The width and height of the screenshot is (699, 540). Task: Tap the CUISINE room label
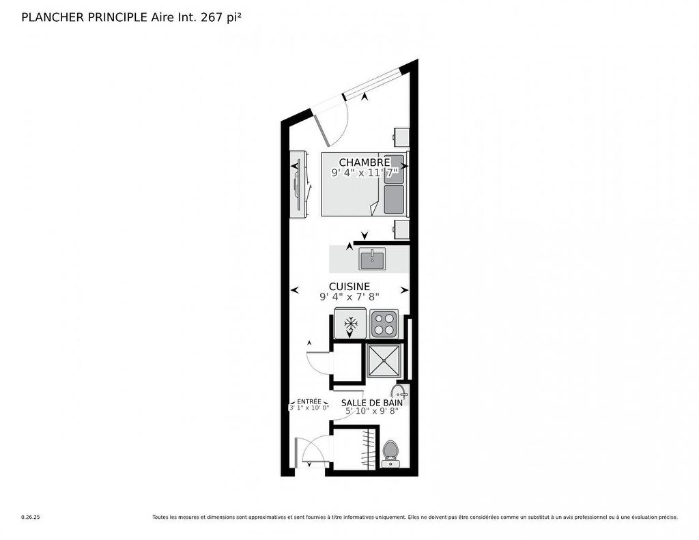point(349,287)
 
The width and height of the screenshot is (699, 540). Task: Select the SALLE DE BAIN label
point(371,403)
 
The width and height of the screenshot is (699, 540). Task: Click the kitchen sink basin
point(372,259)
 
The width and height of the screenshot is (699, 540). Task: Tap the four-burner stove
point(384,324)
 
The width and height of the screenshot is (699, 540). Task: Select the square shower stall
point(384,361)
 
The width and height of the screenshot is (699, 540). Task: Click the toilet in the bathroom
point(390,451)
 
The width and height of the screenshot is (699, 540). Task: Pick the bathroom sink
point(399,392)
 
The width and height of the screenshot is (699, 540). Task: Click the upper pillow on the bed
point(394,169)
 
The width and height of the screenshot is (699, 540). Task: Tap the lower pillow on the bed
point(394,199)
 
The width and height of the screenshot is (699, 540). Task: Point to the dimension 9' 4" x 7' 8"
point(349,297)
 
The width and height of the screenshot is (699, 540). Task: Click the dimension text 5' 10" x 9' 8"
point(371,411)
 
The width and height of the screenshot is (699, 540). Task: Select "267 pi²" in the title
point(220,17)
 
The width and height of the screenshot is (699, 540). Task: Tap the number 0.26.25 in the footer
point(31,517)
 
